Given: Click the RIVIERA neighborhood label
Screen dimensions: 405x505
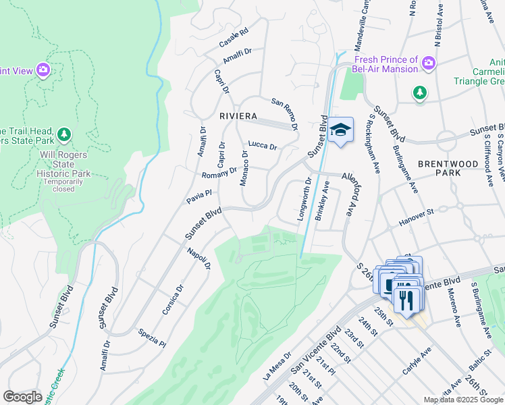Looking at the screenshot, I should tap(238, 116).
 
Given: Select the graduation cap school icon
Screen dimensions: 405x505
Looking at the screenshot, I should tap(342, 130).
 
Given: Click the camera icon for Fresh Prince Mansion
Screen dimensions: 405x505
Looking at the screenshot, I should tap(428, 64).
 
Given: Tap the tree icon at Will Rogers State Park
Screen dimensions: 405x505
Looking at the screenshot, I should tap(64, 135).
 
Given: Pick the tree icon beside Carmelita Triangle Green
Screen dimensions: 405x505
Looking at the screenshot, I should tap(420, 92).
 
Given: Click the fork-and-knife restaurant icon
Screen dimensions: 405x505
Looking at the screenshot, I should tap(405, 298).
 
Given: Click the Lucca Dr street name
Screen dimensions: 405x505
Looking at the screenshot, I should tap(263, 145).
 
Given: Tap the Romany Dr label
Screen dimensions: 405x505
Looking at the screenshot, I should tap(219, 173).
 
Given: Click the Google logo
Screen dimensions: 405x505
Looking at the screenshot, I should tap(23, 396).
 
